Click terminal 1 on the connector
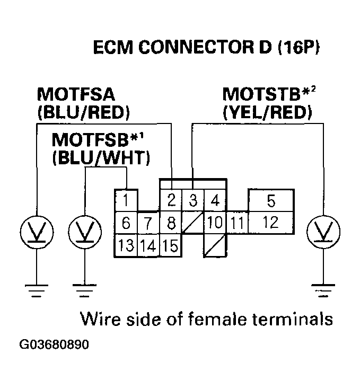[126, 201]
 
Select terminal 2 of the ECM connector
[171, 201]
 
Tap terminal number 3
[194, 201]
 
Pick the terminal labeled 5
[215, 201]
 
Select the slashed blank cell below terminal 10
[215, 246]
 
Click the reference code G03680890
[54, 344]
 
